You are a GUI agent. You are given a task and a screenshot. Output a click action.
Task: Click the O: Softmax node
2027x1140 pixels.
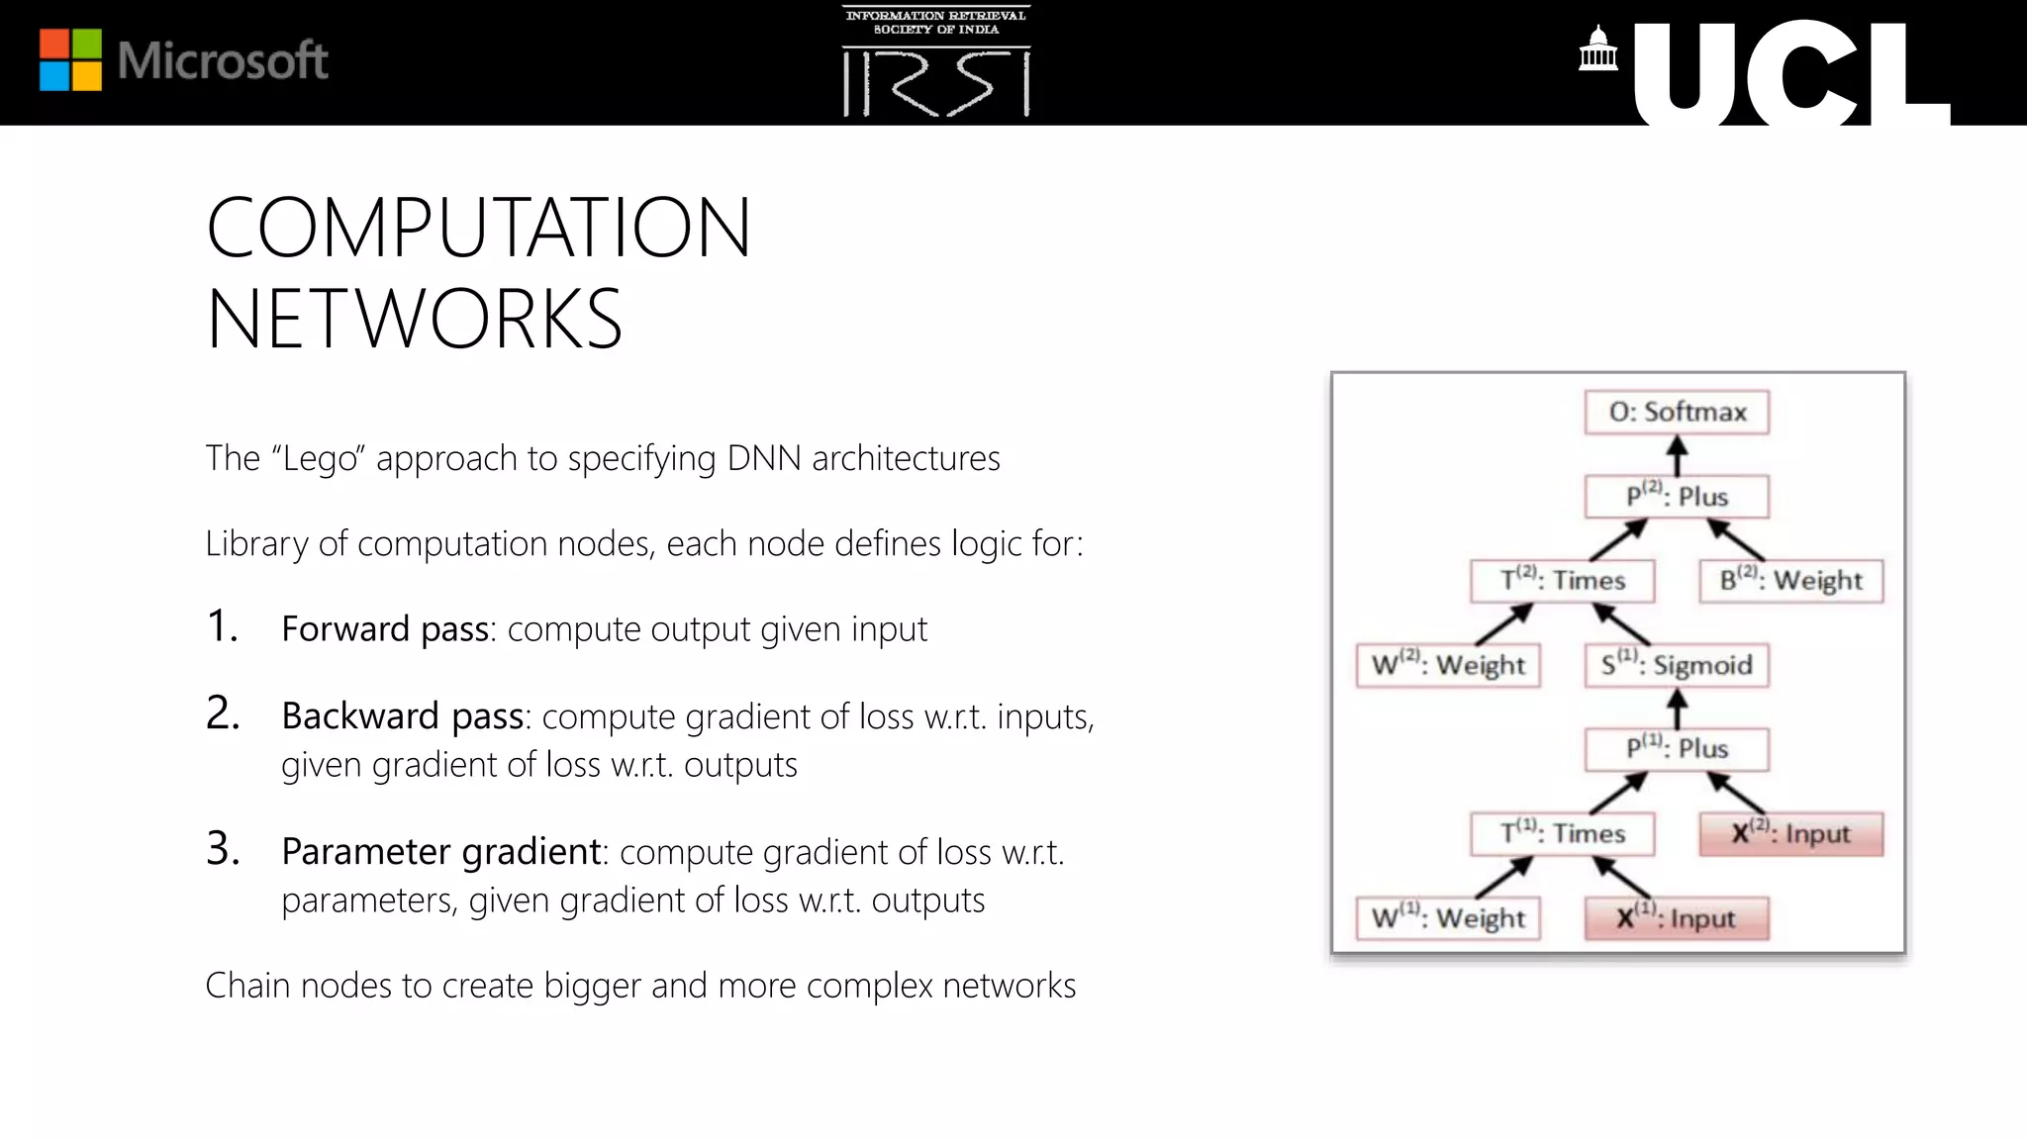[1677, 412]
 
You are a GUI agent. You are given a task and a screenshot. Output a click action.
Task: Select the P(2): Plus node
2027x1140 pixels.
[1677, 496]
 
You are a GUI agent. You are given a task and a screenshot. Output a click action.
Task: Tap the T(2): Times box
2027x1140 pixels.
[1563, 580]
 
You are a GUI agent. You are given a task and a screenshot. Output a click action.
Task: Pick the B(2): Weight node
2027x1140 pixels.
[1790, 580]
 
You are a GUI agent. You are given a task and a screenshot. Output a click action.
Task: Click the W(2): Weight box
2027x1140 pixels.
[1448, 665]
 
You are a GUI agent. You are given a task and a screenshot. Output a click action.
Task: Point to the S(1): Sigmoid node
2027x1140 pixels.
[1677, 665]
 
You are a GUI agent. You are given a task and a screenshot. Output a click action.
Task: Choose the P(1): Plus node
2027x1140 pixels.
[1677, 749]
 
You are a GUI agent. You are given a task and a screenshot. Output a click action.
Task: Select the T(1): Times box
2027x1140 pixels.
[1563, 833]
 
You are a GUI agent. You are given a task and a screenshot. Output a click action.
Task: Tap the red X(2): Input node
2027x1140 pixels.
[1790, 833]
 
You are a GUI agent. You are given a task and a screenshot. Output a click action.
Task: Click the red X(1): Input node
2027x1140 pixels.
[1677, 918]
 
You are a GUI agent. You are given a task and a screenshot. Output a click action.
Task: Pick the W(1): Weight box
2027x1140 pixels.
[1448, 918]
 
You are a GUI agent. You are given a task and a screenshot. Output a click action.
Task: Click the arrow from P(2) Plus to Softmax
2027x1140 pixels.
[1677, 455]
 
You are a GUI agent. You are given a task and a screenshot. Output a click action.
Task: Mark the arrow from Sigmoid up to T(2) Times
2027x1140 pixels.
[1621, 623]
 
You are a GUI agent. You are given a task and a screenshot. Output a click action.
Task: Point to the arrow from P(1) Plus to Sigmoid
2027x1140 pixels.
[1677, 708]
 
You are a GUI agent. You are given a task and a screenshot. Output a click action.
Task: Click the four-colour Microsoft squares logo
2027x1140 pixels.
[70, 59]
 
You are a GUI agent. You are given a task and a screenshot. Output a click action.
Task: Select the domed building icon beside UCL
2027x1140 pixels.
[1597, 49]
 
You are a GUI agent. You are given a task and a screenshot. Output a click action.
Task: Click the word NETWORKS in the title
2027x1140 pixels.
[414, 319]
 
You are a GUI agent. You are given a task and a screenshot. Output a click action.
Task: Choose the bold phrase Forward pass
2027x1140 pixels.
[386, 629]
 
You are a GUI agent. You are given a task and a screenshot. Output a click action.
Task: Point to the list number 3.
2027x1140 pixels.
[223, 848]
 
